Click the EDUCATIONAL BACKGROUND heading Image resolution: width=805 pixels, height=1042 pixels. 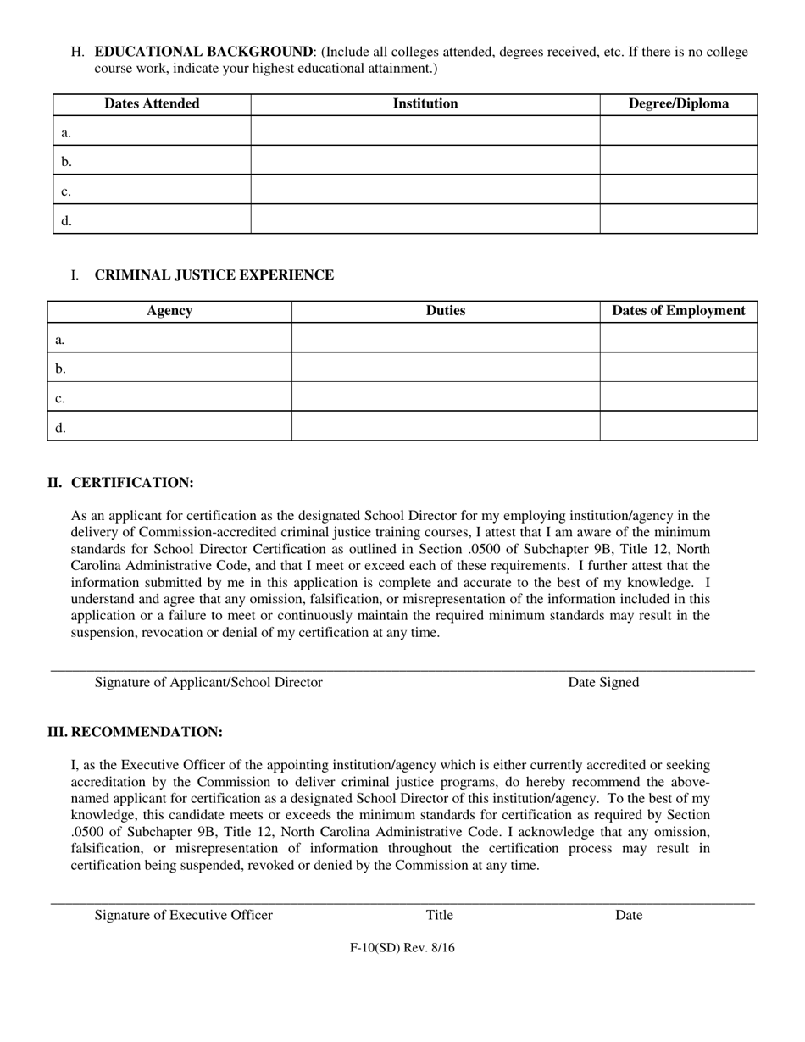pos(203,52)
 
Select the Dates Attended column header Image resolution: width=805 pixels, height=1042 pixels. pos(152,103)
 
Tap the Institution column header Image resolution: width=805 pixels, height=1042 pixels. pos(425,103)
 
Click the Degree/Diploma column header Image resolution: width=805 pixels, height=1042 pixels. pos(678,103)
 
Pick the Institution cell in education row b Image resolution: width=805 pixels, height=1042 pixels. pos(425,160)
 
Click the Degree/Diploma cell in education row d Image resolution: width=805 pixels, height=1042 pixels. pos(678,219)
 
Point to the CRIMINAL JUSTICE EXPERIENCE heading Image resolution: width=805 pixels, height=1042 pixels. pos(214,274)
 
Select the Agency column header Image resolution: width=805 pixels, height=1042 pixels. pos(169,310)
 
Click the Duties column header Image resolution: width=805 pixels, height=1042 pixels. pos(446,310)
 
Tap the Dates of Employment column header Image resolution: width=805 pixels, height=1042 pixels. pos(678,310)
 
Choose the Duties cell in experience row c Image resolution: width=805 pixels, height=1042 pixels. pos(446,396)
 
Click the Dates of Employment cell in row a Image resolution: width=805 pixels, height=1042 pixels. pos(678,338)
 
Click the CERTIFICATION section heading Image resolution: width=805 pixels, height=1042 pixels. pos(132,482)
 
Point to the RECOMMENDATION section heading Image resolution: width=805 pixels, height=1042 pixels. pos(146,731)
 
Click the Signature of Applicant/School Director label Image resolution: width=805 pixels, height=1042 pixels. pos(208,682)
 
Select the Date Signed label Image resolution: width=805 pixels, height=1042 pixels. pos(603,682)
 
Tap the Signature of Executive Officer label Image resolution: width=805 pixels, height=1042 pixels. pos(184,914)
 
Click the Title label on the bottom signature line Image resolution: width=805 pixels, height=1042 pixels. pos(439,914)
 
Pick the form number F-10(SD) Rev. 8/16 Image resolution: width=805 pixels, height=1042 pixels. pos(402,948)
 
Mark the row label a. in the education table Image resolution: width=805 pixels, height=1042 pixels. pos(66,132)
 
